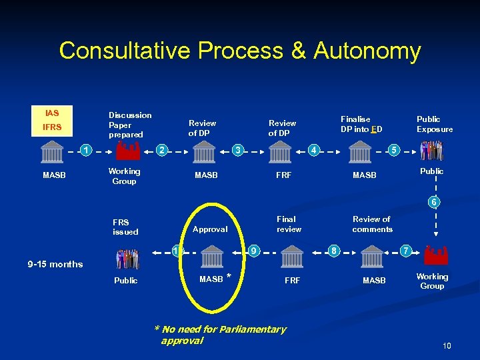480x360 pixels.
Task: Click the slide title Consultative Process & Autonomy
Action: (239, 51)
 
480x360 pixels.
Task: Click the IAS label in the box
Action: (52, 113)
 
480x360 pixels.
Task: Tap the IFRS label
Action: (52, 127)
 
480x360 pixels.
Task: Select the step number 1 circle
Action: (87, 149)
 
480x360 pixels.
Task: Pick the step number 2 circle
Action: (161, 149)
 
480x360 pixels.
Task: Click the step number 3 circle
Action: (237, 149)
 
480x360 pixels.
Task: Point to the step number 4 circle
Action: (315, 149)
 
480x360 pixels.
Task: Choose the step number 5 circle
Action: (394, 149)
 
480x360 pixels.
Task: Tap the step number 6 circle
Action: (435, 202)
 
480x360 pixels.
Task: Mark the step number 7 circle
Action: (404, 251)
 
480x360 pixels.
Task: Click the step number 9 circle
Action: (254, 251)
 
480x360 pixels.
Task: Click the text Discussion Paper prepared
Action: (129, 125)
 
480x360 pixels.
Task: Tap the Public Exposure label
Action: (435, 124)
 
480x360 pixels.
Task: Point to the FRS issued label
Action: (125, 227)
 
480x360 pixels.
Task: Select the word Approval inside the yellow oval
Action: (210, 229)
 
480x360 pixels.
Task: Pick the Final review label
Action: (288, 224)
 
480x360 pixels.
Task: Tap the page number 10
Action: (447, 345)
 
